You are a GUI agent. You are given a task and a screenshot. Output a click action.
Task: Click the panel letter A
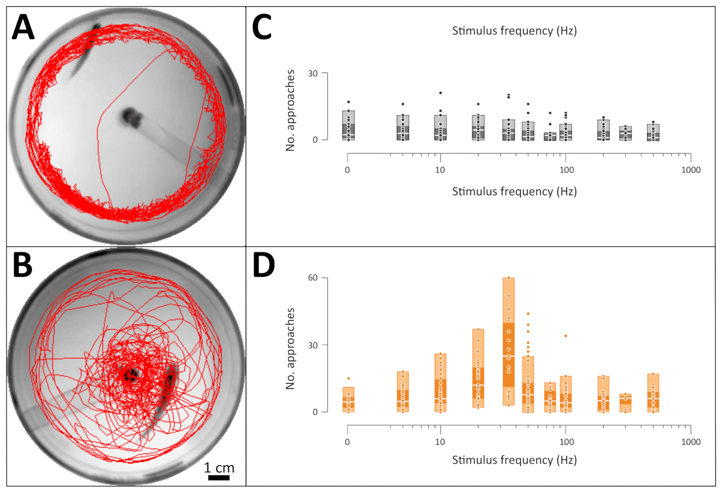point(23,27)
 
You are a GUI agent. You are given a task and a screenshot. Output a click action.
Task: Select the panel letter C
point(262,27)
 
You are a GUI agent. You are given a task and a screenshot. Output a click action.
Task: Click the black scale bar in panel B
point(219,478)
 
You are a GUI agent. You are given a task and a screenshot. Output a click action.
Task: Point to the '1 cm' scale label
point(219,468)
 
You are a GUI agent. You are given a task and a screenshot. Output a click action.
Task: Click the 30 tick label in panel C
point(313,73)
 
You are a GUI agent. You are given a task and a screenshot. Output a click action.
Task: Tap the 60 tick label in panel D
point(313,278)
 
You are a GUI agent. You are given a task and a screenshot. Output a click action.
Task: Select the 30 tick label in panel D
point(313,345)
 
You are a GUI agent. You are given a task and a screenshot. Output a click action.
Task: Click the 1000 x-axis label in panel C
point(691,170)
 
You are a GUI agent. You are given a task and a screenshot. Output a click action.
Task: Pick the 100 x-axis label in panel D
point(566,442)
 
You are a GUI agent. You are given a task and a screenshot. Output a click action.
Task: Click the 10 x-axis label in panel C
point(440,170)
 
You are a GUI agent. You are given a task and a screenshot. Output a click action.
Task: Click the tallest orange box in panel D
point(509,341)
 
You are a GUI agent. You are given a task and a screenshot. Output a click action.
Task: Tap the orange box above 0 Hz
point(348,400)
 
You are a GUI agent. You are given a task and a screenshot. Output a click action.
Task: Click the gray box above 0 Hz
point(348,126)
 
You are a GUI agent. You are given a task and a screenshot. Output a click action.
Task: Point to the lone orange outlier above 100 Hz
point(566,336)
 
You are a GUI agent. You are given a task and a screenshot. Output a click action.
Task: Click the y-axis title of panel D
point(290,349)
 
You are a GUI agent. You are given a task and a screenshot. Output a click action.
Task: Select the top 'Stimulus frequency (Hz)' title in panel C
point(514,31)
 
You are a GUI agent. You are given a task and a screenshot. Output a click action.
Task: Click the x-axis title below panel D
point(514,460)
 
